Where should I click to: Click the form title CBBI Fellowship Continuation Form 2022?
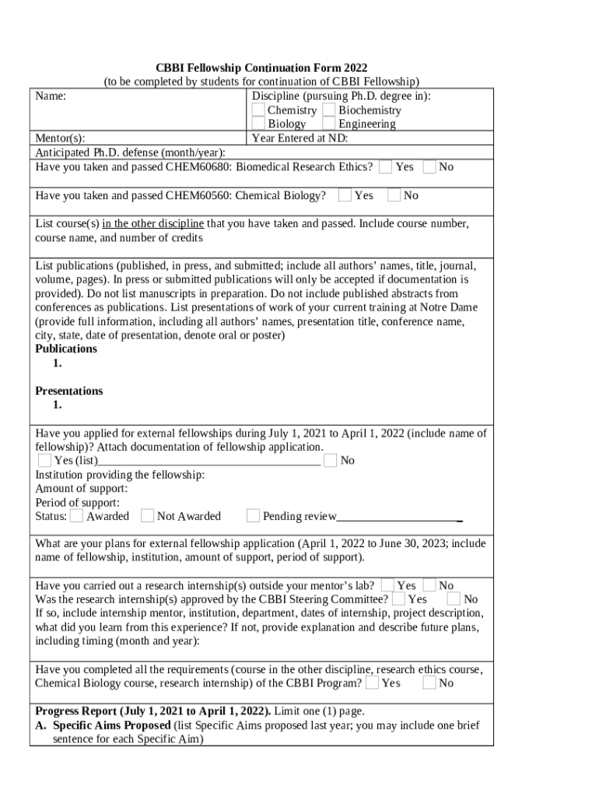[261, 68]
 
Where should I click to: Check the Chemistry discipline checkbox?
[258, 110]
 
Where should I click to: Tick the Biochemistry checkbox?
[329, 110]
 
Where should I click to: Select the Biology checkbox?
[258, 124]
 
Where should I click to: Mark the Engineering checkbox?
[329, 124]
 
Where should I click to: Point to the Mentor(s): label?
[60, 139]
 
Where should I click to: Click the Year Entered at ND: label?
[299, 139]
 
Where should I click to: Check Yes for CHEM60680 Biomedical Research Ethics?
[386, 167]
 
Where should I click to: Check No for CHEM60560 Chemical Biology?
[394, 195]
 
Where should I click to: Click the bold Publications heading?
[66, 349]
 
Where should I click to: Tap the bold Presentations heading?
[69, 391]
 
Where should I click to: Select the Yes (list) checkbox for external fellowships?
[45, 460]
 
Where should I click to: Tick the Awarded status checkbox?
[76, 515]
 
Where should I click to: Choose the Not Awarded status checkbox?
[147, 515]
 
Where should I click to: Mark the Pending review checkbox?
[253, 515]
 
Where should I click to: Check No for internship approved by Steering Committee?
[454, 599]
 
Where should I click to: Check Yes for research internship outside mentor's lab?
[387, 585]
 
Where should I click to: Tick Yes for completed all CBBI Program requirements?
[373, 683]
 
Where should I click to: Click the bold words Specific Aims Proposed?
[112, 725]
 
